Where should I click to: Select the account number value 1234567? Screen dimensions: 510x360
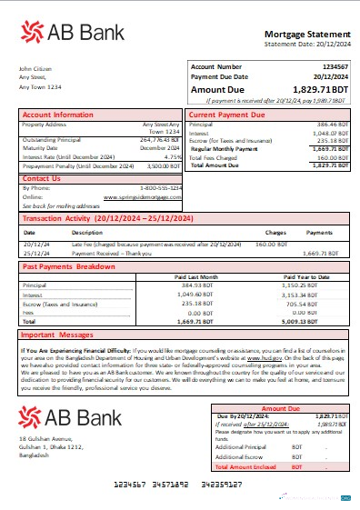335,66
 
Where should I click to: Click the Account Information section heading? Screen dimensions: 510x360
58,115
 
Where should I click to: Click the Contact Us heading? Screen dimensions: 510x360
42,178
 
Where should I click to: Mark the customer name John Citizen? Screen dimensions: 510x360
34,68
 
